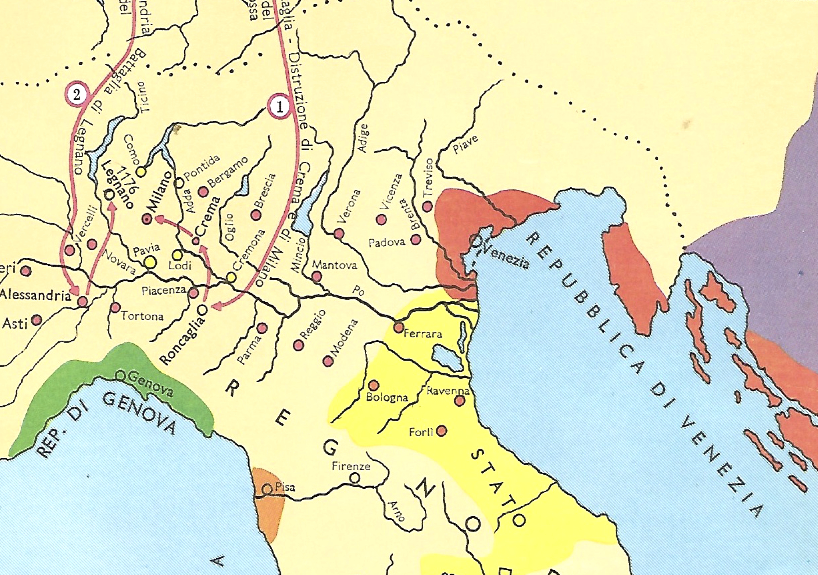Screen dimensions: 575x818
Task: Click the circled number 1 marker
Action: pos(280,107)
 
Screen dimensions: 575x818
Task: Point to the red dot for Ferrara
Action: pos(398,327)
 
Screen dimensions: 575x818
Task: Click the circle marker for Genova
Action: pos(121,376)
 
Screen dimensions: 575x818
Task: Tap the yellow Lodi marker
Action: pos(177,255)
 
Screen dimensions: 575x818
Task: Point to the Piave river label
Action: pos(465,144)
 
